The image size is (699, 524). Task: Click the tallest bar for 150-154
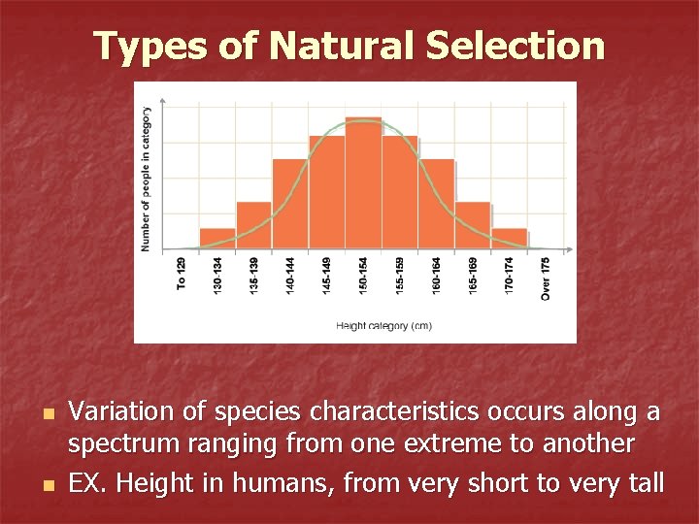click(x=363, y=183)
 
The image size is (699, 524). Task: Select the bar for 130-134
click(x=217, y=239)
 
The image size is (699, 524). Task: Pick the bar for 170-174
click(x=509, y=239)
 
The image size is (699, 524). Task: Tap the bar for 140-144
click(x=290, y=204)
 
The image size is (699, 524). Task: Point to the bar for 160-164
click(x=436, y=204)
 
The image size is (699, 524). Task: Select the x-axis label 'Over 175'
click(x=546, y=278)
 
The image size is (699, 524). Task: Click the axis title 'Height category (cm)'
click(x=383, y=326)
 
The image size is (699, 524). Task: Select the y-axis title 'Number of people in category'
click(x=147, y=180)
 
